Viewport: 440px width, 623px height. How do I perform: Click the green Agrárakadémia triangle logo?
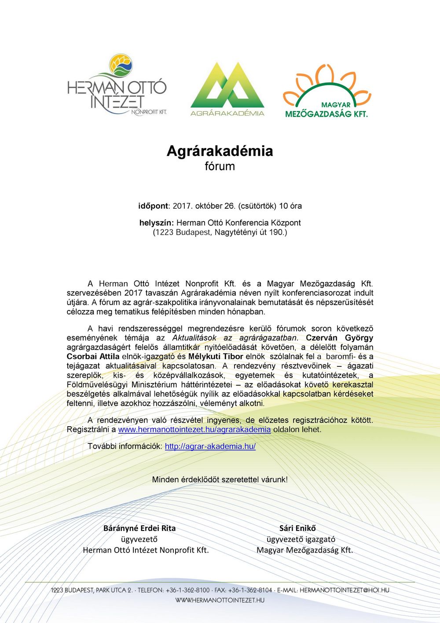(x=227, y=89)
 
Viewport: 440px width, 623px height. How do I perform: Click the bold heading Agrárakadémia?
(x=220, y=151)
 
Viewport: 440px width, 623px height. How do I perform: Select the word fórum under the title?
(x=220, y=166)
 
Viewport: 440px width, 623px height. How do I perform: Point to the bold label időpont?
(x=153, y=206)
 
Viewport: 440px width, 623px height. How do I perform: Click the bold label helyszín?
(x=157, y=223)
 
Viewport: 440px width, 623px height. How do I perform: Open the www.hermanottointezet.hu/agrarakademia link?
(x=194, y=429)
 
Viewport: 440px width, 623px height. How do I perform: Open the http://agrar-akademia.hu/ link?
(x=210, y=446)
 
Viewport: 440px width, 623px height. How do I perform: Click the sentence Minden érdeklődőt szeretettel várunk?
(x=220, y=479)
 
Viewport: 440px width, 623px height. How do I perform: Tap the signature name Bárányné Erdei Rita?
(x=139, y=528)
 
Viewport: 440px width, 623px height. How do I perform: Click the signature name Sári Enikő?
(x=297, y=528)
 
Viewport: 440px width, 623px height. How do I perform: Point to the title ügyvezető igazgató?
(x=301, y=539)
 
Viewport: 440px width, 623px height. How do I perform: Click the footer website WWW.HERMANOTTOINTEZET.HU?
(x=220, y=600)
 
